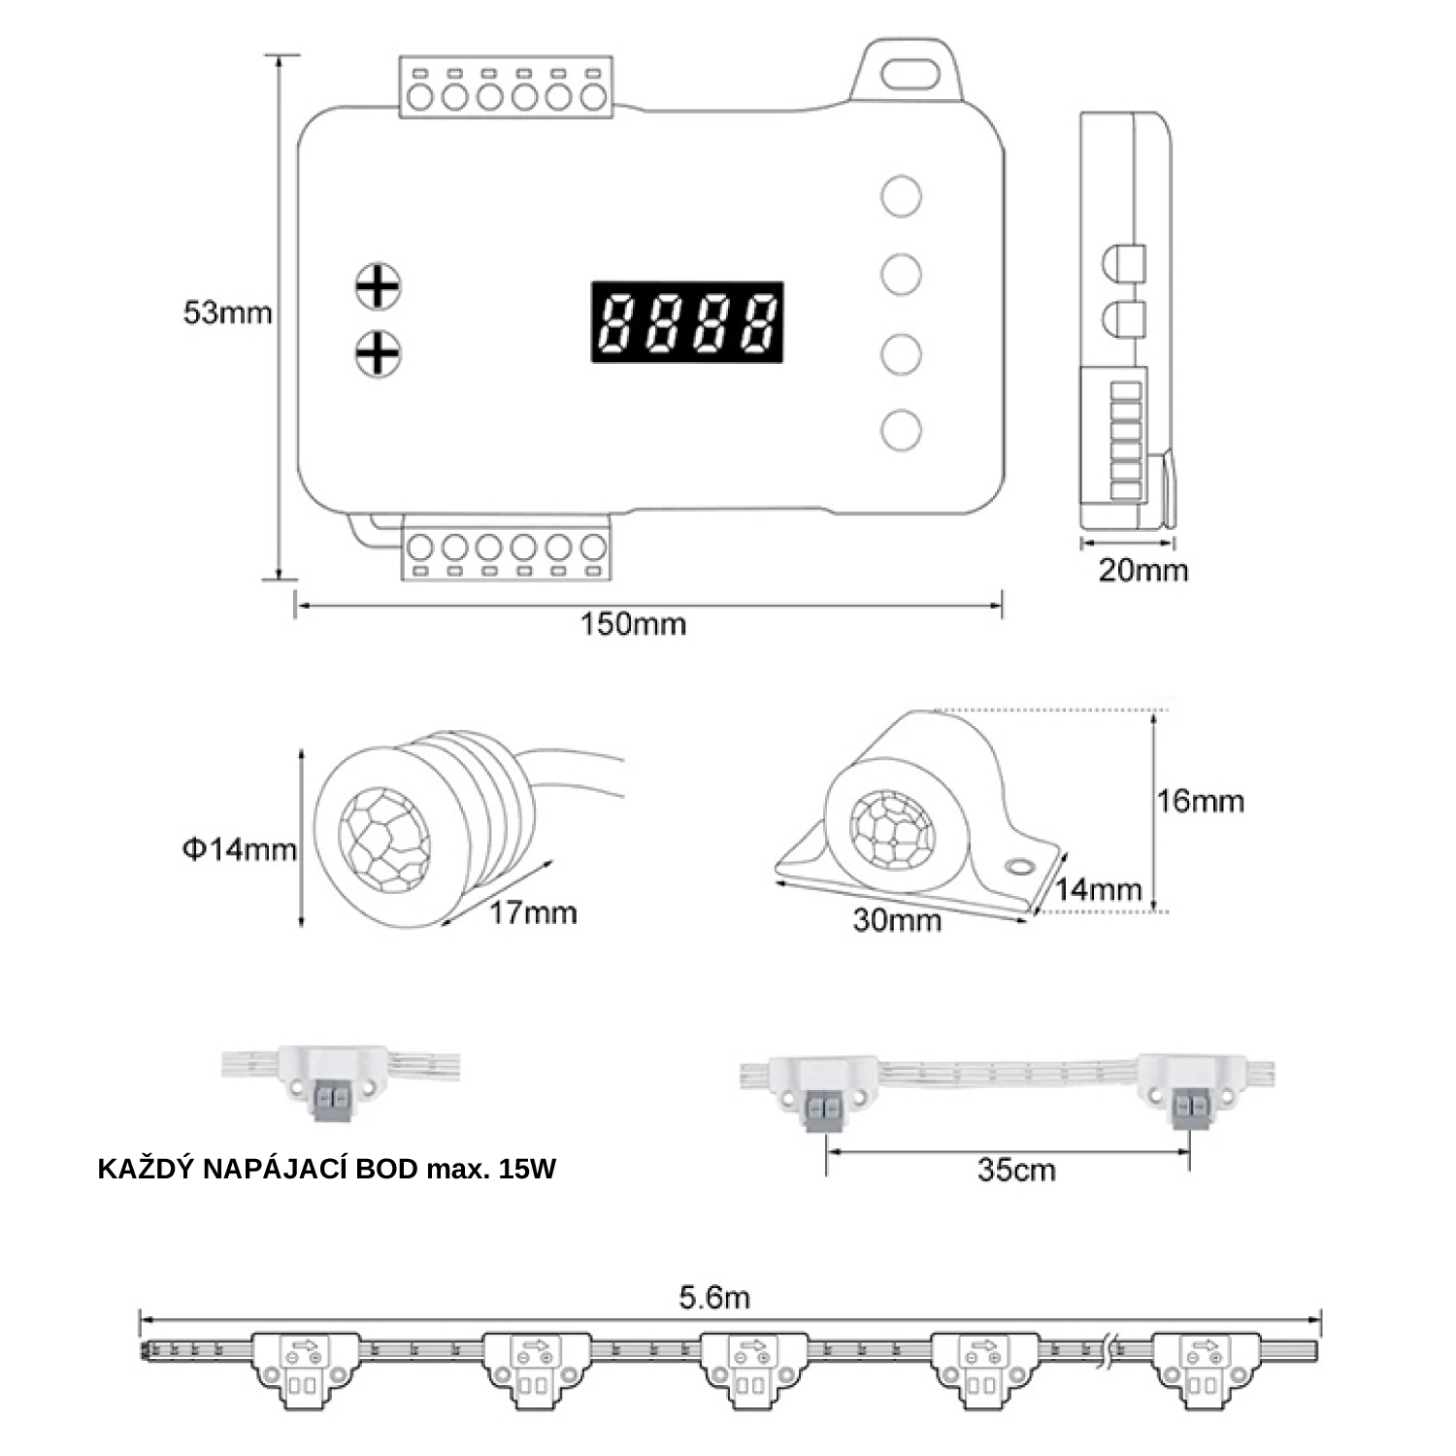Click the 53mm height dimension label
[x=227, y=314]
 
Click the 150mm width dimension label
[x=633, y=623]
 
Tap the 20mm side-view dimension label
[x=1142, y=570]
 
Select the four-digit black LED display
[x=687, y=322]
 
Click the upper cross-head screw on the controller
[x=379, y=286]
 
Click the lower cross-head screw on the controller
[x=379, y=353]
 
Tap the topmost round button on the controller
[x=901, y=195]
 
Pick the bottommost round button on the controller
[x=901, y=429]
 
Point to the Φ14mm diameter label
[x=239, y=849]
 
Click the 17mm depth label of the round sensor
[x=532, y=912]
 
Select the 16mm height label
[x=1200, y=801]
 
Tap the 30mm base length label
[x=897, y=919]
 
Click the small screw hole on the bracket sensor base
[x=1020, y=864]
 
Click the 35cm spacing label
[x=1015, y=1170]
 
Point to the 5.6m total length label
[x=714, y=1297]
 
